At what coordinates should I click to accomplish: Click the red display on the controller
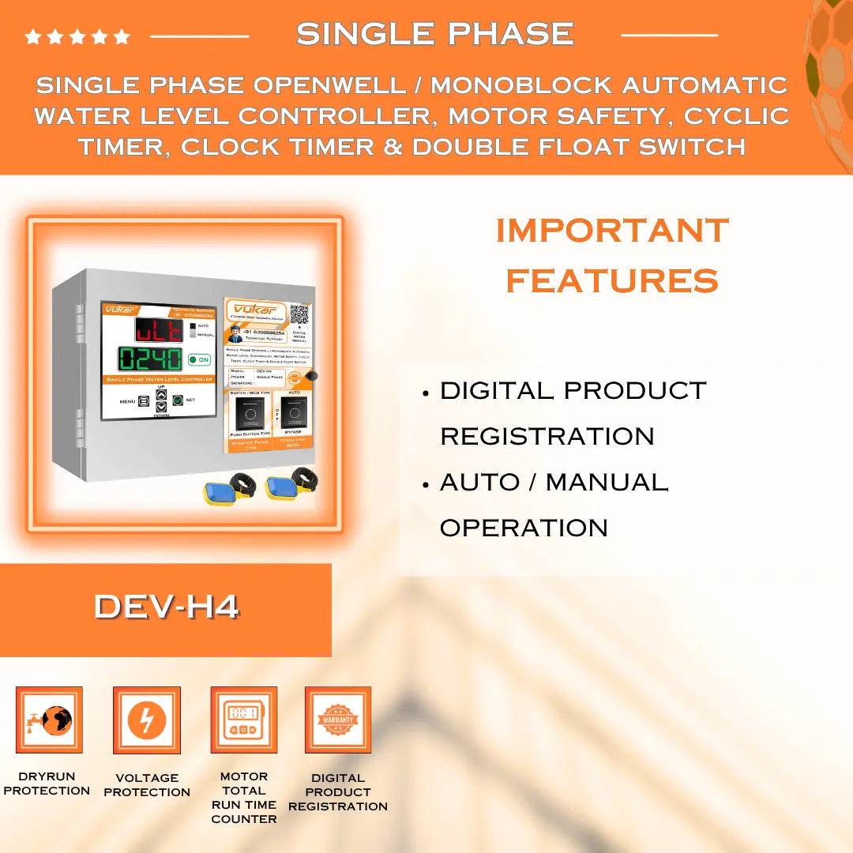coord(158,329)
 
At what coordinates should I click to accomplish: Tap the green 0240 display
coord(150,359)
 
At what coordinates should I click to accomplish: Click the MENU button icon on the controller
coord(144,401)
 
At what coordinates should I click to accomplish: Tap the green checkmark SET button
coord(178,400)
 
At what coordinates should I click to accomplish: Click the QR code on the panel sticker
coord(299,314)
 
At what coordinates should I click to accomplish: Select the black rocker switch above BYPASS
coord(293,412)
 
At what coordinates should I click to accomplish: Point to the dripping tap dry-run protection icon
coord(49,720)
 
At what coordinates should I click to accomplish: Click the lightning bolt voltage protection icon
coord(147,720)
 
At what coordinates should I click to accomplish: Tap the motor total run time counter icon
coord(243,720)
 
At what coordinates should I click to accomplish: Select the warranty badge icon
coord(338,720)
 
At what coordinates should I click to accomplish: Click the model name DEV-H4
coord(166,607)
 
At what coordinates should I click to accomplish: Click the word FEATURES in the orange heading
coord(612,280)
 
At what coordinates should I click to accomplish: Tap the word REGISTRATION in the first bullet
coord(547,436)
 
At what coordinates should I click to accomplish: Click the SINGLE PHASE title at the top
coord(434,34)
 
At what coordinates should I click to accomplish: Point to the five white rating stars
coord(77,36)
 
